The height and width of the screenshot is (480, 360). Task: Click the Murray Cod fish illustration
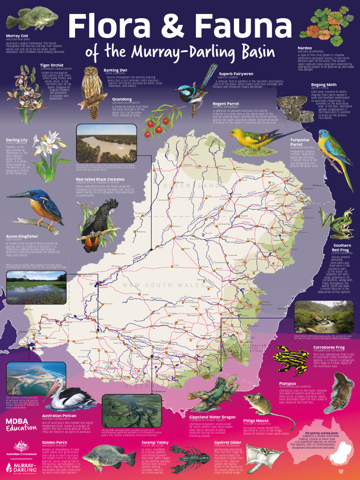click(32, 19)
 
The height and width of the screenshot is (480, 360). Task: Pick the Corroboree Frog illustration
click(291, 360)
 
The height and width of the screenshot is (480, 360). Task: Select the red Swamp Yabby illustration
click(189, 457)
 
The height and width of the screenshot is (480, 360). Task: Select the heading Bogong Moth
click(323, 85)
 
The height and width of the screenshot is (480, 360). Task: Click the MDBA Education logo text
click(21, 424)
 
